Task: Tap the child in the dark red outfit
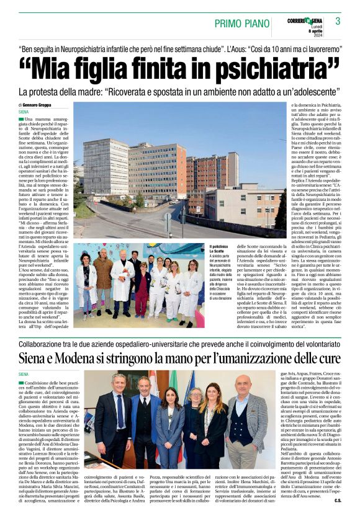point(143,292)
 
